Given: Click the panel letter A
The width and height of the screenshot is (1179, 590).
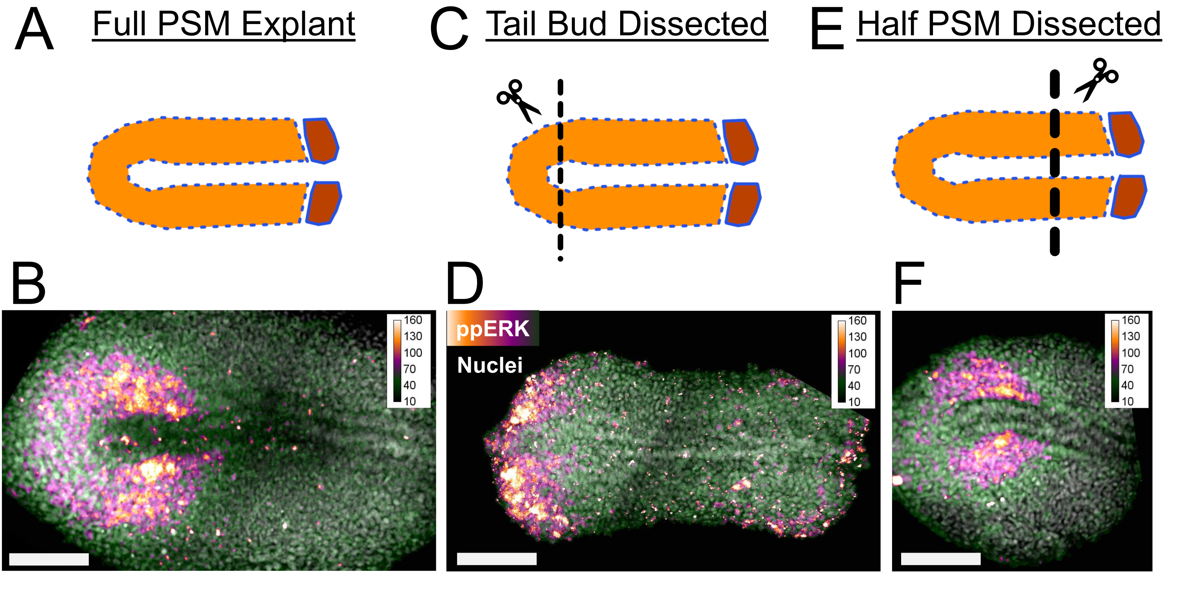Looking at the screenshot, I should pyautogui.click(x=34, y=30).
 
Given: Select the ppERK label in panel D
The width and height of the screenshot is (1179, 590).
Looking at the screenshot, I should pyautogui.click(x=492, y=328).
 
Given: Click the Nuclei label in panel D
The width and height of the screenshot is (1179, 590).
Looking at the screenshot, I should pyautogui.click(x=490, y=365).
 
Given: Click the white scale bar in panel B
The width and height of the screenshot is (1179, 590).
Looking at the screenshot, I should pyautogui.click(x=49, y=559).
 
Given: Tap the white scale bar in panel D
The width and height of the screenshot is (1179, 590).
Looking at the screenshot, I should pyautogui.click(x=497, y=559).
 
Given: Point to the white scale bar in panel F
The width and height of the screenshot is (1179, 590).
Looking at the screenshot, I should pyautogui.click(x=940, y=559).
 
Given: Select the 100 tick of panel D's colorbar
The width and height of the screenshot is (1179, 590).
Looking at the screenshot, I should pyautogui.click(x=857, y=353).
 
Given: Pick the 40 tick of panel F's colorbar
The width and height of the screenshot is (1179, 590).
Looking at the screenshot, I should pyautogui.click(x=1127, y=385).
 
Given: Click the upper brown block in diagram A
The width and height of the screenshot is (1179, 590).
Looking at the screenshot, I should pyautogui.click(x=322, y=140).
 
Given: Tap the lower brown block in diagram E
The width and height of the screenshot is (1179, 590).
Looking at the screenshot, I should pyautogui.click(x=1129, y=197).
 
